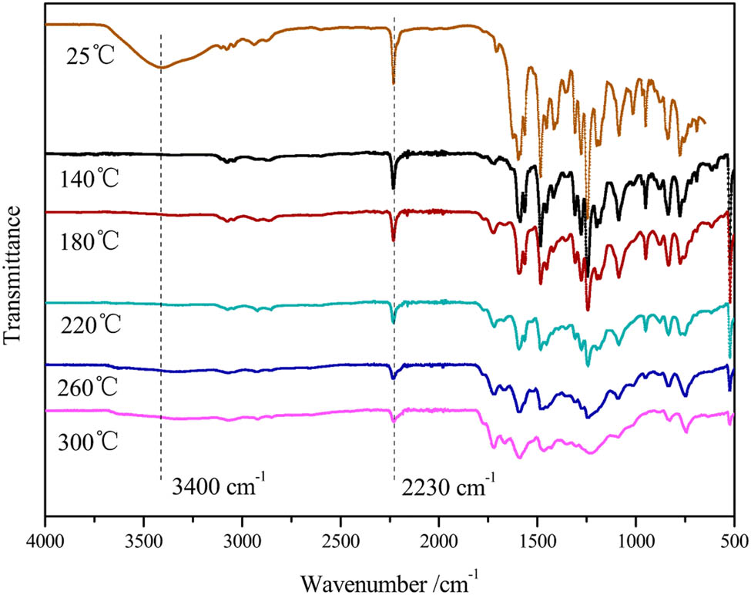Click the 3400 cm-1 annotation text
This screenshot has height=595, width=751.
click(217, 488)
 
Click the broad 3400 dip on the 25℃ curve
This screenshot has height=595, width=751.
click(160, 67)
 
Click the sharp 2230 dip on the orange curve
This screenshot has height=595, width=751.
click(393, 81)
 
